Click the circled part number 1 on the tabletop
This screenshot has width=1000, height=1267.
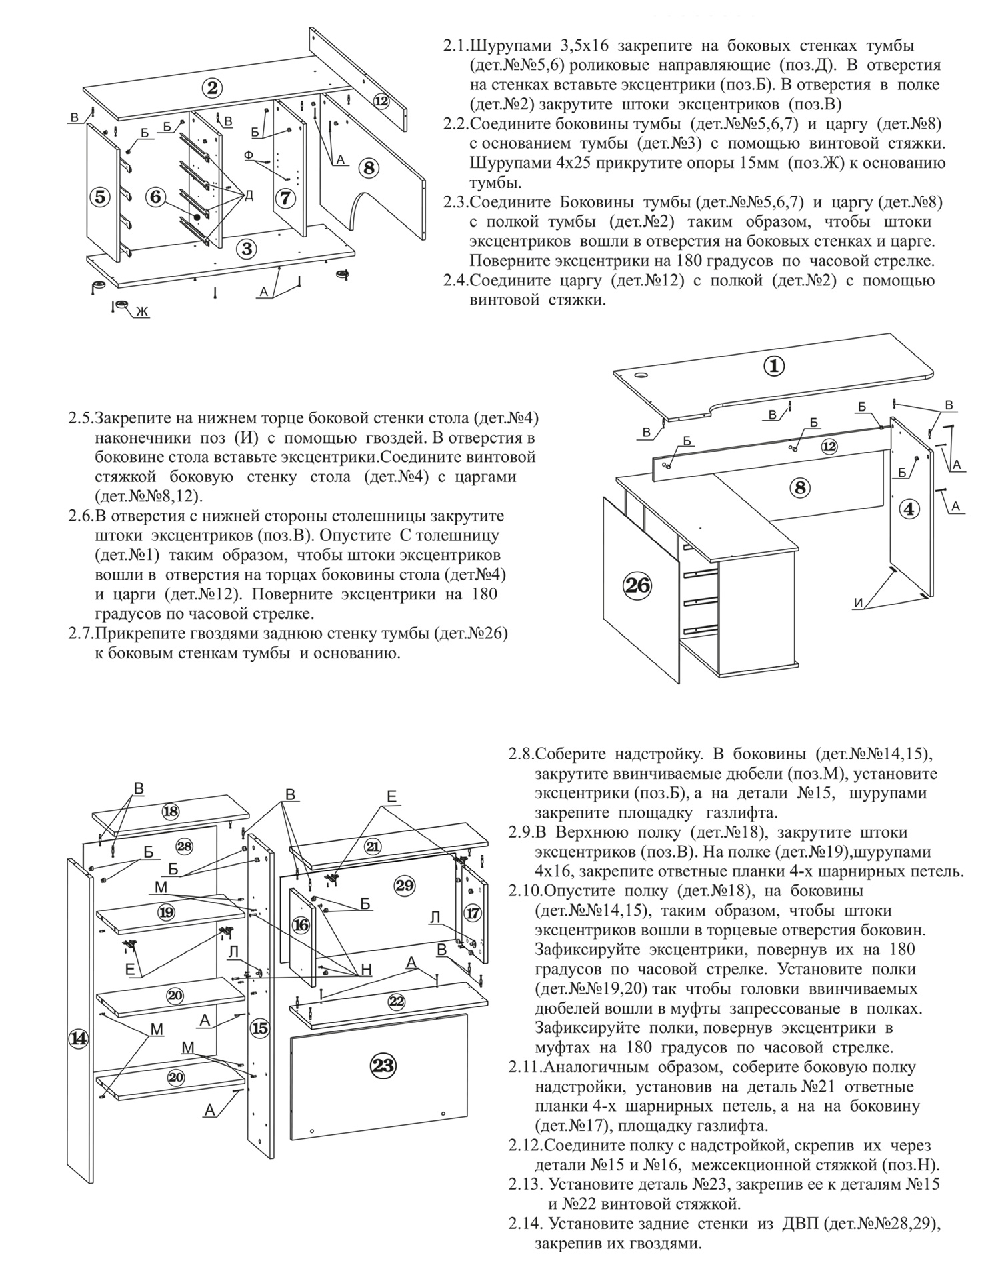coord(774,366)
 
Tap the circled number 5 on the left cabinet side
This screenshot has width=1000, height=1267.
coord(101,197)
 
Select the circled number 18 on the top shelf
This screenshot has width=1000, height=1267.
coord(170,812)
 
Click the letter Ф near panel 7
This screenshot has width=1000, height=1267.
coord(248,155)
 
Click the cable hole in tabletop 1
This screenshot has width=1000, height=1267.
coord(642,375)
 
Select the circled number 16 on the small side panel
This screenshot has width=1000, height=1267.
coord(301,925)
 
